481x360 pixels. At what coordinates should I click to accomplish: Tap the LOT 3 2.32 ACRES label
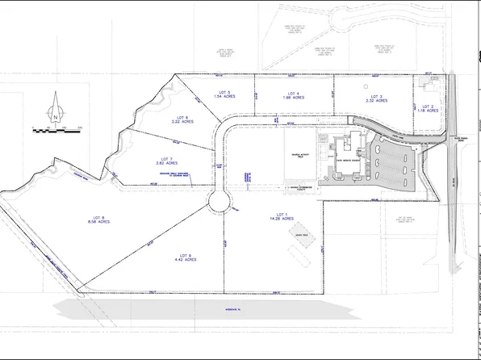click(376, 98)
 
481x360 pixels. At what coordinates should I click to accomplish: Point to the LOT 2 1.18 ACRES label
click(427, 109)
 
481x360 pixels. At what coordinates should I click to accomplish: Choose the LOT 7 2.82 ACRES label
click(167, 161)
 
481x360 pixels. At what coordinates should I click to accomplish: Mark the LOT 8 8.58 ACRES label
click(100, 219)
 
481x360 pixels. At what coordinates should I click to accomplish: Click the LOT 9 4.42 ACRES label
click(186, 257)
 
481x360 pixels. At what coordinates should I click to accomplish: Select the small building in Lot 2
click(425, 87)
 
